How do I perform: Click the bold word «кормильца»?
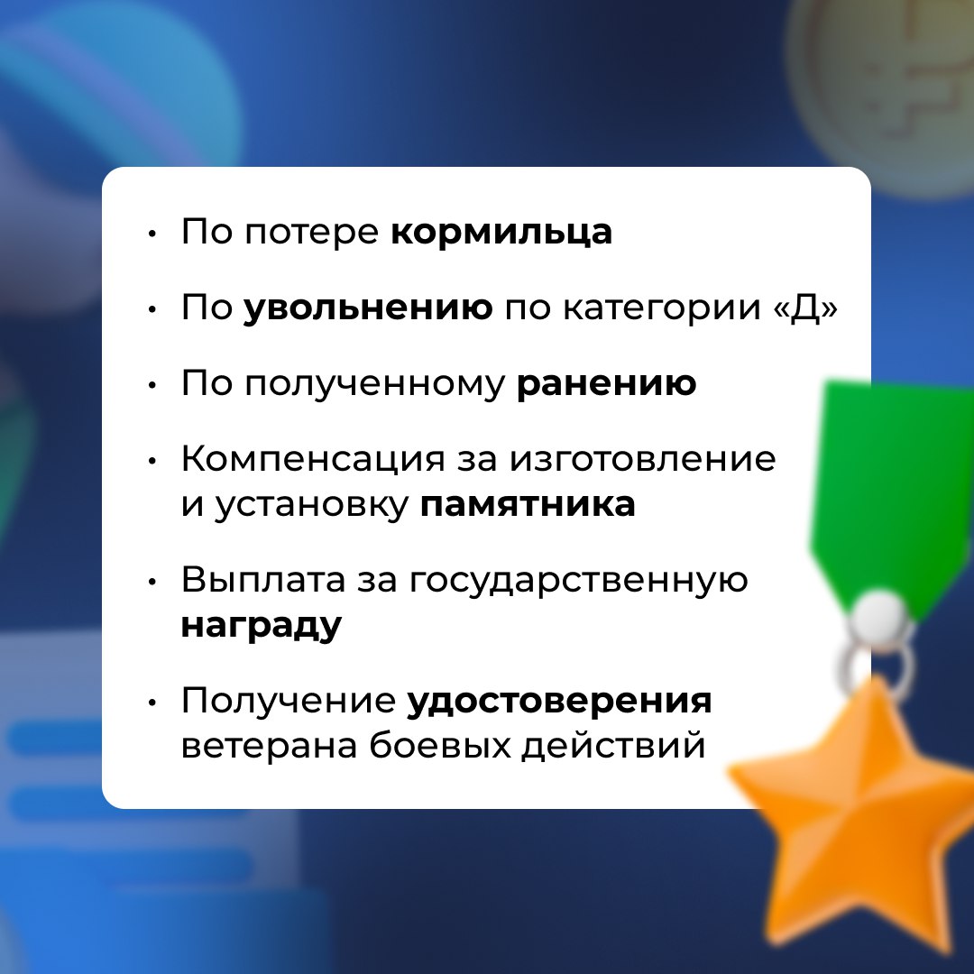tap(501, 233)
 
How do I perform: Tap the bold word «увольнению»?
tap(368, 307)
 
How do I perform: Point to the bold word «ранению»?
tap(606, 384)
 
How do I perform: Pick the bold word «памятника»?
tap(528, 504)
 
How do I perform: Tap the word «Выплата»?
tap(262, 581)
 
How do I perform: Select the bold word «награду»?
tap(261, 626)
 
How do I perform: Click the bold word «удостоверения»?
tap(559, 702)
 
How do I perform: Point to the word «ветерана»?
tap(269, 746)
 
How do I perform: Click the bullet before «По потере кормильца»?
tap(152, 234)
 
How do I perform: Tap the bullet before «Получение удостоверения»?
tap(152, 703)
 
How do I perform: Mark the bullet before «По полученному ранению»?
tap(152, 386)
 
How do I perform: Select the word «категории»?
tap(662, 308)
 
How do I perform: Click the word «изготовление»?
tap(643, 460)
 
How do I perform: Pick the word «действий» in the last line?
tap(613, 746)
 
